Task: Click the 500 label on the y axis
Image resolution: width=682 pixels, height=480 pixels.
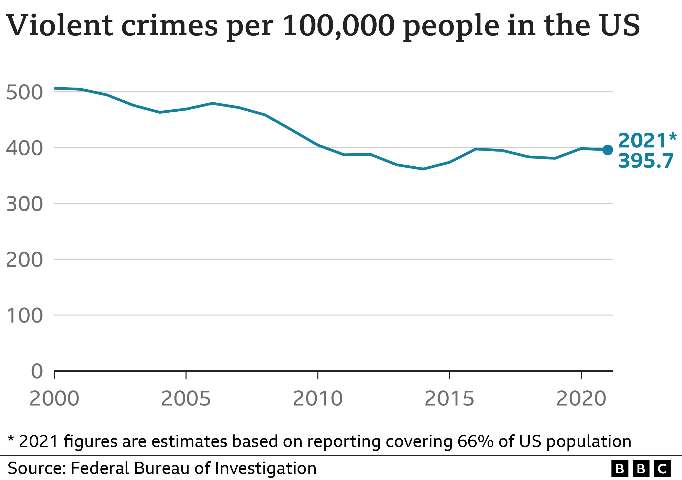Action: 24,92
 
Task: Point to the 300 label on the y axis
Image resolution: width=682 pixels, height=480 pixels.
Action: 24,204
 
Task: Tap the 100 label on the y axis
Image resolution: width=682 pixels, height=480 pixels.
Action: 24,316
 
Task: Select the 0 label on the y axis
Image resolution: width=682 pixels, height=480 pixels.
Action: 37,371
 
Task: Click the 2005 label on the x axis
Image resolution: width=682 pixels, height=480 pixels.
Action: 186,399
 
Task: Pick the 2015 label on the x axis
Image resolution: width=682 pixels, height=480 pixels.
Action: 449,399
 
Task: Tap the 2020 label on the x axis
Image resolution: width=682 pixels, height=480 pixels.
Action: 581,399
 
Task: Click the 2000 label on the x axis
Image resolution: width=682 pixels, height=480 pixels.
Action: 54,399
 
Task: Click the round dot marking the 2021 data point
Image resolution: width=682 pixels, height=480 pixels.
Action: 608,150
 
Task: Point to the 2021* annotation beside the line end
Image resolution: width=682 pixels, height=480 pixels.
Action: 647,140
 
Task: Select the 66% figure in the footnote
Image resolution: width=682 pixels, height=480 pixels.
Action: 476,441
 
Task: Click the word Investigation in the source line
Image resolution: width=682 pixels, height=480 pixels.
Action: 265,469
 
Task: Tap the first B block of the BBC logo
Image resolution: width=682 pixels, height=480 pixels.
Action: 620,469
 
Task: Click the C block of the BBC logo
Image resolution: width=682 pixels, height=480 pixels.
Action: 662,469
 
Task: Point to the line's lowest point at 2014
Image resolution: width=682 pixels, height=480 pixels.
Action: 423,169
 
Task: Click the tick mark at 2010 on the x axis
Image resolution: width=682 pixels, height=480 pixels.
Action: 318,375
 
